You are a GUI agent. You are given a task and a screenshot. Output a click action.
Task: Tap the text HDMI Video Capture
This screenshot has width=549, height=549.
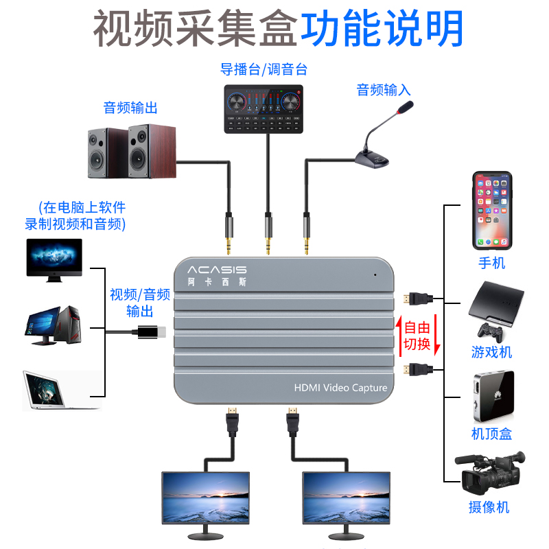point(340,388)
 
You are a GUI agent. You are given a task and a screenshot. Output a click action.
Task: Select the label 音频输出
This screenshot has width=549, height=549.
point(130,108)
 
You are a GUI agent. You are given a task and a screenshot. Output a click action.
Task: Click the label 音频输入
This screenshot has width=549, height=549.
point(384,89)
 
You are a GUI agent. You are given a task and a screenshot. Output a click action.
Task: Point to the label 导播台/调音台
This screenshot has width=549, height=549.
point(264,69)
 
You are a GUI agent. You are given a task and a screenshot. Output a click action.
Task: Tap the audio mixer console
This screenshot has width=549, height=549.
point(264,108)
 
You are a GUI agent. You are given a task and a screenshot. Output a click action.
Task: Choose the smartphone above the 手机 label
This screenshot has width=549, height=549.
point(493,211)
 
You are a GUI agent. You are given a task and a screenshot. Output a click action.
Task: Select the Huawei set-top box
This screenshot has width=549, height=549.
point(493,397)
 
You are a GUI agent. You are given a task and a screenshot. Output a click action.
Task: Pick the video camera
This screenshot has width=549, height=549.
point(491,473)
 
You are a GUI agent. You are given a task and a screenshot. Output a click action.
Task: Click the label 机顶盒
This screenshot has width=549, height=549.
point(491,434)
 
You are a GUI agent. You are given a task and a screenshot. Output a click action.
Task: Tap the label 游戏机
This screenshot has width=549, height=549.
point(491,353)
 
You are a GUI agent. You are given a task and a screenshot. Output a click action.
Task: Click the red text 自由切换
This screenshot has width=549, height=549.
point(416,336)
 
